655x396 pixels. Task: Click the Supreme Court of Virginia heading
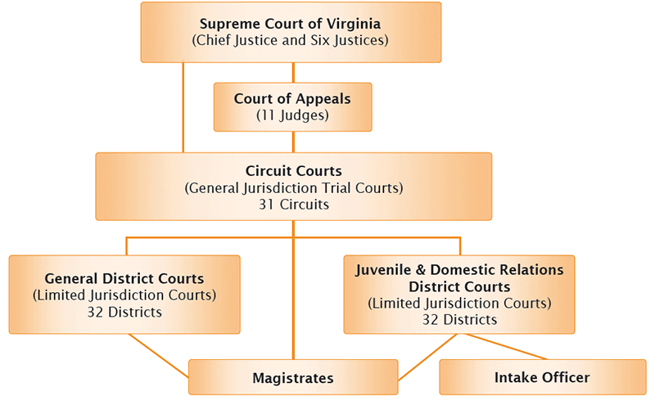pyautogui.click(x=291, y=22)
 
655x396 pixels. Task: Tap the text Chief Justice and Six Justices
pyautogui.click(x=291, y=39)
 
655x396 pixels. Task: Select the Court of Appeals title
pyautogui.click(x=292, y=98)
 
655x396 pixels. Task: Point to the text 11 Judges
pyautogui.click(x=292, y=115)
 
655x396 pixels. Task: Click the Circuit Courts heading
pyautogui.click(x=293, y=171)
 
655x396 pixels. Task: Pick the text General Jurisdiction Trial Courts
pyautogui.click(x=293, y=187)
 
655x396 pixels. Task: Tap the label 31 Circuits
pyautogui.click(x=293, y=204)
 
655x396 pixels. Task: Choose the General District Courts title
pyautogui.click(x=124, y=279)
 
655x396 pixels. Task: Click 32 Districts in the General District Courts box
pyautogui.click(x=124, y=312)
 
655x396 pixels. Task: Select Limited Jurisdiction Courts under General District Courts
pyautogui.click(x=124, y=295)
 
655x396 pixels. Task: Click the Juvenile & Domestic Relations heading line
pyautogui.click(x=459, y=269)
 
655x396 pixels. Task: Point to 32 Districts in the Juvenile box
pyautogui.click(x=459, y=320)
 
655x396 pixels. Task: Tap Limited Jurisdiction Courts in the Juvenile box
pyautogui.click(x=459, y=304)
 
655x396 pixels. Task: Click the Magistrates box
pyautogui.click(x=292, y=377)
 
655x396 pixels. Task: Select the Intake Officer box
pyautogui.click(x=542, y=377)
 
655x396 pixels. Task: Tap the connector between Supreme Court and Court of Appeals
pyautogui.click(x=293, y=72)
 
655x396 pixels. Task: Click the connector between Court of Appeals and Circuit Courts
pyautogui.click(x=293, y=142)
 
